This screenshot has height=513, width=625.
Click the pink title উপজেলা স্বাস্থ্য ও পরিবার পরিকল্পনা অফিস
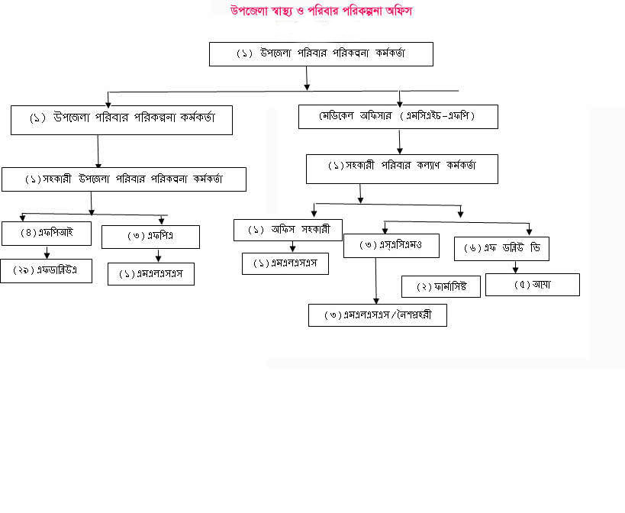(x=323, y=11)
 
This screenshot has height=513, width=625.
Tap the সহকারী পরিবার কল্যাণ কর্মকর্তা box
(x=402, y=169)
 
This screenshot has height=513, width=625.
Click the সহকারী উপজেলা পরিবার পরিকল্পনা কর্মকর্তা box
(x=124, y=179)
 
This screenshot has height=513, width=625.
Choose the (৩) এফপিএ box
(x=150, y=237)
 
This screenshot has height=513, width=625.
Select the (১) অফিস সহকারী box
(x=288, y=230)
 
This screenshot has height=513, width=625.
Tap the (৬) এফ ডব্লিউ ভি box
(x=501, y=249)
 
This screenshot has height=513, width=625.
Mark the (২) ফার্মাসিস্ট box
(x=440, y=287)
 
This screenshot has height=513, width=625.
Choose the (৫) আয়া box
(x=533, y=285)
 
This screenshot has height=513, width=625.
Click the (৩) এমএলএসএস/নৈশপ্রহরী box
(x=378, y=315)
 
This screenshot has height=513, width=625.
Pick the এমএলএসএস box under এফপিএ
(x=151, y=274)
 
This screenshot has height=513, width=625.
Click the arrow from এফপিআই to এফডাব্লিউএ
(x=47, y=252)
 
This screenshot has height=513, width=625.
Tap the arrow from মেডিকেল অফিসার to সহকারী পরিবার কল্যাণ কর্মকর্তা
(x=400, y=141)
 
